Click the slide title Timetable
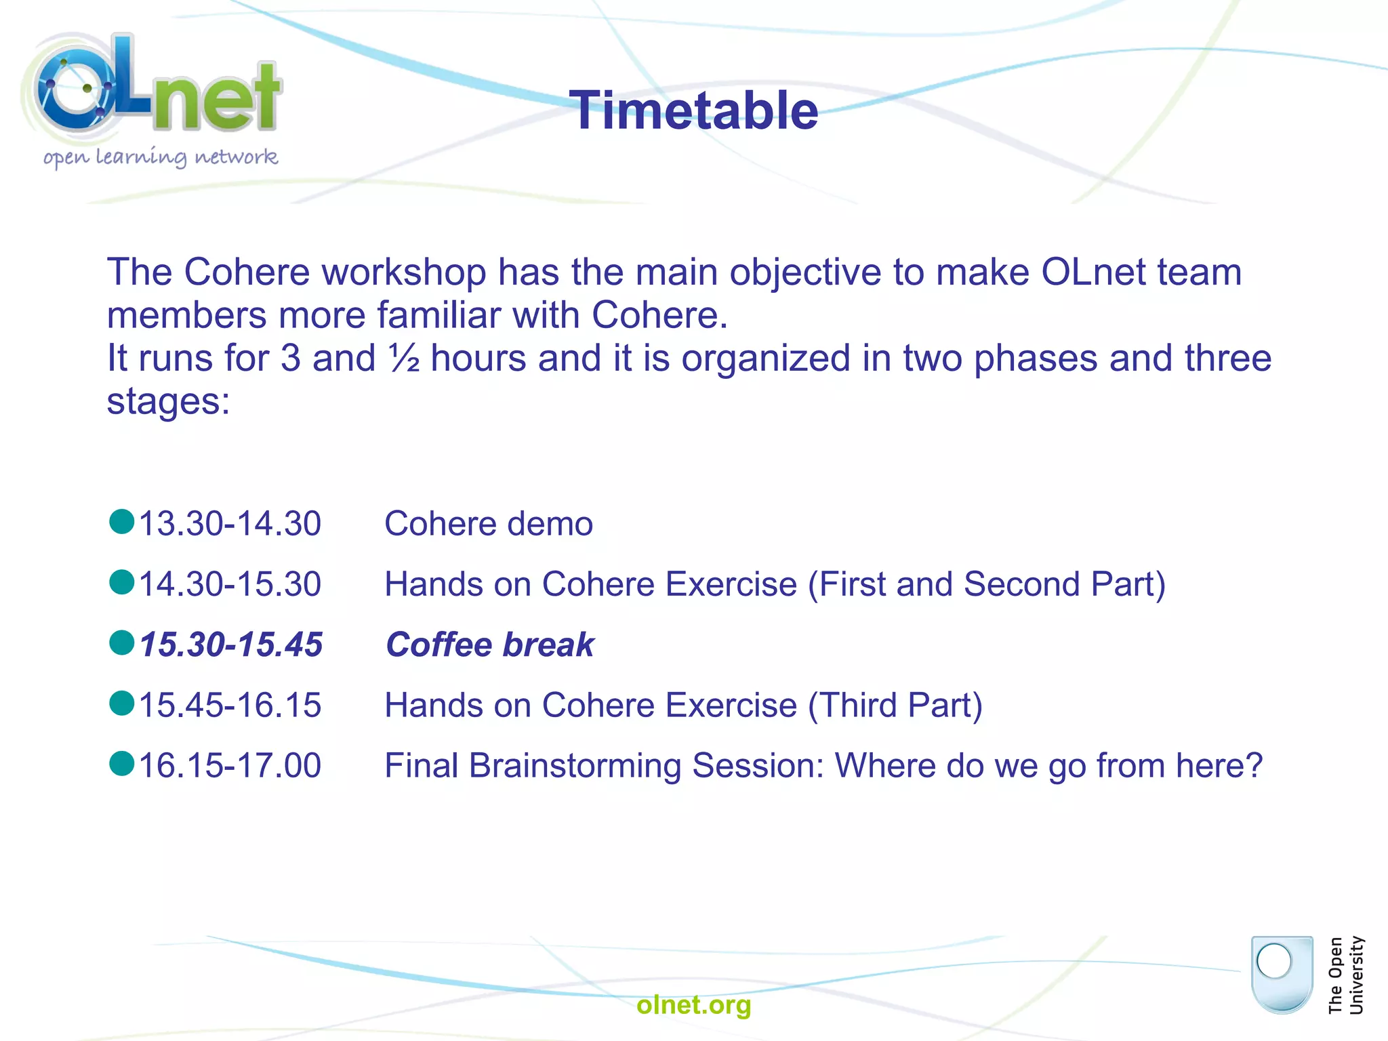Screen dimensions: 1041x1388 click(693, 110)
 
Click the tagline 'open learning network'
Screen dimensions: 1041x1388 click(161, 157)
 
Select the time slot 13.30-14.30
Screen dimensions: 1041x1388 click(230, 524)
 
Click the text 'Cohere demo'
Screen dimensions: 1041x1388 click(488, 524)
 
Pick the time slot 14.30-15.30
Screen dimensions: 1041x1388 click(230, 584)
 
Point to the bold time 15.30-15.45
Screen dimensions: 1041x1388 click(230, 645)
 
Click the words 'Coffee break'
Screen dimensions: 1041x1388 click(489, 645)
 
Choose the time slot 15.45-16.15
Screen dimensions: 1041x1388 click(230, 705)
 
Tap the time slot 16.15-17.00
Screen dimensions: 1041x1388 click(230, 765)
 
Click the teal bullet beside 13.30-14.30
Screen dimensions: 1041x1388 click(122, 522)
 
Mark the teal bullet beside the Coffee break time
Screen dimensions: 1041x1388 click(122, 642)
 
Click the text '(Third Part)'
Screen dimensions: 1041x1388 click(895, 705)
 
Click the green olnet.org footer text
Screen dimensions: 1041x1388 click(693, 1004)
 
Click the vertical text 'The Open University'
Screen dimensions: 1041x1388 click(1345, 975)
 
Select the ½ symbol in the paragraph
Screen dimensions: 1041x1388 click(404, 359)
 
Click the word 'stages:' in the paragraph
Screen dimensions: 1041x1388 click(168, 401)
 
